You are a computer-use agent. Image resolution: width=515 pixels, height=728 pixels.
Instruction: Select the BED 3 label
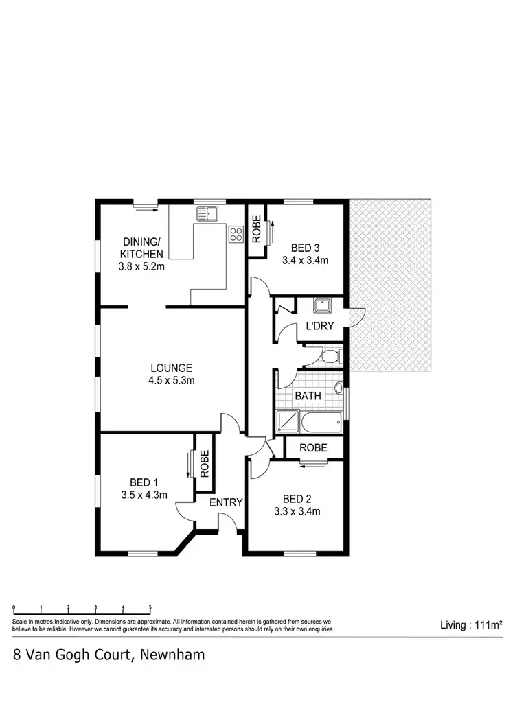tap(305, 248)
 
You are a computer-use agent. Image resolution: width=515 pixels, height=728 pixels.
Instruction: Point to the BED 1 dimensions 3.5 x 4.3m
tap(144, 494)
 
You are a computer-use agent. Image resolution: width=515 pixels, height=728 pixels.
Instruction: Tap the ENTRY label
tap(226, 502)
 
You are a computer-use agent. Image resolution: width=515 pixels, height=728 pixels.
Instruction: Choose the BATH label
tap(307, 396)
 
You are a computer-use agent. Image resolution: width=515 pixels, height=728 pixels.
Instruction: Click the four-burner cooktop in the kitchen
tap(236, 233)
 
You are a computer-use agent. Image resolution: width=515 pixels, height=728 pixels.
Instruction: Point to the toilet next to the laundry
tap(331, 357)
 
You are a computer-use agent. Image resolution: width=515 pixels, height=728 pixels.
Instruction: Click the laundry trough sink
tap(321, 306)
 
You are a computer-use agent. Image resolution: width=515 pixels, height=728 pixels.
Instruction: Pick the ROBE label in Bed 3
tap(256, 231)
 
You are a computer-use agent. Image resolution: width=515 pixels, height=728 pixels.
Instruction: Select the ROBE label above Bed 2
tap(312, 448)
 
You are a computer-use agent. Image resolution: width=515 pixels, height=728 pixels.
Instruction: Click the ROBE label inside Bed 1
tap(204, 463)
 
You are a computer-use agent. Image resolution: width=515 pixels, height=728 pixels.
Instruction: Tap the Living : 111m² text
tap(471, 625)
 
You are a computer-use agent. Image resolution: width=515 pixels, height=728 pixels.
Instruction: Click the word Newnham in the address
tap(172, 655)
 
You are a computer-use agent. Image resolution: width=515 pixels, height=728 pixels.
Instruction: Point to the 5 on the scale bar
tap(150, 608)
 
